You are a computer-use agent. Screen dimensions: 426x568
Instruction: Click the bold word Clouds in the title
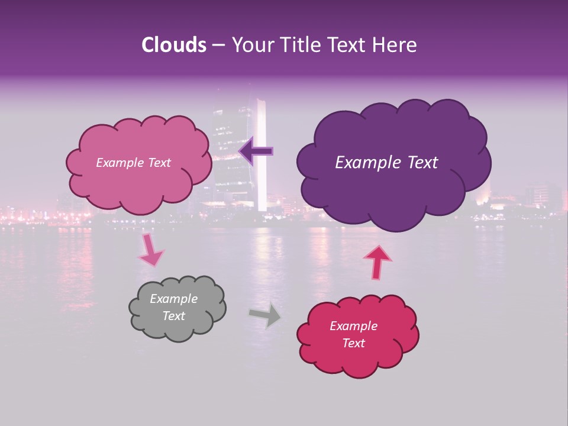tap(173, 45)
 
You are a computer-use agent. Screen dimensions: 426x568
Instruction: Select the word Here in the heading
tap(396, 45)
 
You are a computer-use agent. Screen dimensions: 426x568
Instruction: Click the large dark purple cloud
tap(393, 177)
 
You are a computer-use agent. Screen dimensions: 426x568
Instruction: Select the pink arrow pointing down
tap(150, 250)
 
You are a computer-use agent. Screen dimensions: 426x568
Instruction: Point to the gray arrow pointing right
tap(265, 315)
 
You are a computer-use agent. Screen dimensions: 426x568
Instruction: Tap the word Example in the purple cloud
tap(362, 163)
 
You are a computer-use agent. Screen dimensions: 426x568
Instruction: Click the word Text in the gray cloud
tap(173, 316)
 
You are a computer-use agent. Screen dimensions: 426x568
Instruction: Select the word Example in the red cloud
tap(353, 326)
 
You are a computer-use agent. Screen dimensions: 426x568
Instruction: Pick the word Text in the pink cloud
tap(158, 163)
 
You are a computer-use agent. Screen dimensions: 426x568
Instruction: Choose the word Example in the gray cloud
tap(173, 299)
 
